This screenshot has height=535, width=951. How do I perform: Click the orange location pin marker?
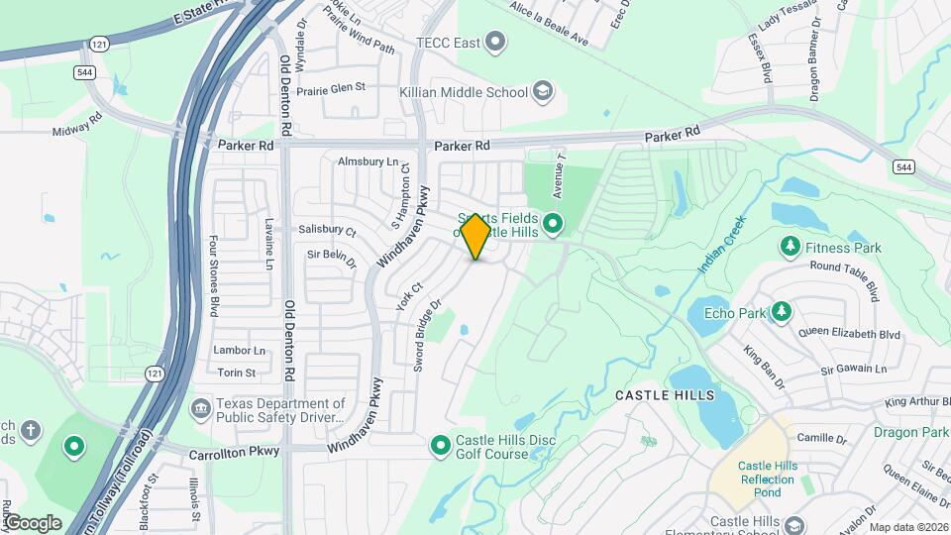point(475,236)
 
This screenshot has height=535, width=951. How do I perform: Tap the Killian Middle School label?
point(463,92)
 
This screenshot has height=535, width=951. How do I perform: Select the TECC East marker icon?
point(496,43)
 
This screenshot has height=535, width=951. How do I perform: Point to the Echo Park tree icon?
point(783,313)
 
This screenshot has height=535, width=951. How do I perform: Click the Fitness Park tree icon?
point(790,246)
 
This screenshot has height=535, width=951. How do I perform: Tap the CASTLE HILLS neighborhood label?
point(665,395)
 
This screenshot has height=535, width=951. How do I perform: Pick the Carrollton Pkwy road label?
point(235,451)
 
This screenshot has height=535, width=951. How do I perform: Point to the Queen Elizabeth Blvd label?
point(849,334)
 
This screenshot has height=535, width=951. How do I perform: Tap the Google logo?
point(33,522)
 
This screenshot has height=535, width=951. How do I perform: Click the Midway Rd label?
point(77,130)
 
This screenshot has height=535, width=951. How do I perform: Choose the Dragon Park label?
point(911,432)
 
